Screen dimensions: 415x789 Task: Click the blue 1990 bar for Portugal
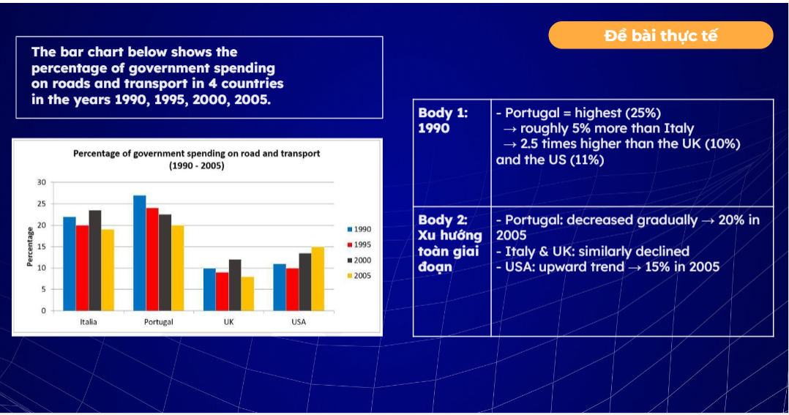coord(140,253)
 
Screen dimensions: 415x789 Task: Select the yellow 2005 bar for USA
coord(318,278)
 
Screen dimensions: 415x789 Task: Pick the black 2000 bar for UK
coord(234,285)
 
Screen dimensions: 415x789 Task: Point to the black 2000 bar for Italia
coord(95,260)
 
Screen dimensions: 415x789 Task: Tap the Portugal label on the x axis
coord(159,322)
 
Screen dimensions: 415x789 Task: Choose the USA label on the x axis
coord(299,322)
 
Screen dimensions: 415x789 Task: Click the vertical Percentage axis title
coord(30,247)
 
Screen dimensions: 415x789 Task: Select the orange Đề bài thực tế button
coord(660,35)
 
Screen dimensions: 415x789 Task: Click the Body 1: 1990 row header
coord(444,121)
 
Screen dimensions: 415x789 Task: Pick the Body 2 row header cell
coord(450,243)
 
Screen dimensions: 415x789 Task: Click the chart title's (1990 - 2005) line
coord(196,166)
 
